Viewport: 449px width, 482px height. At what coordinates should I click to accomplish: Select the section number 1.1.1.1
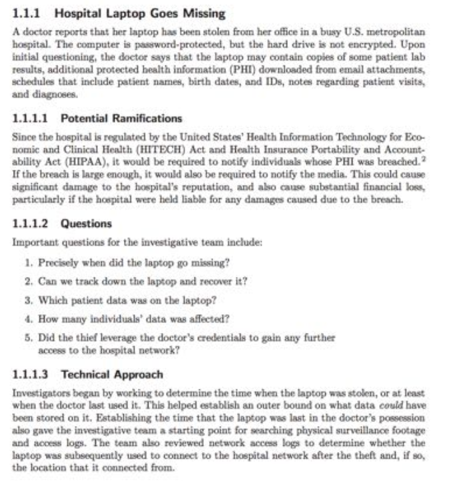[33, 118]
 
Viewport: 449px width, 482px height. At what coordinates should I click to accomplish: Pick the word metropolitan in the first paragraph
[398, 32]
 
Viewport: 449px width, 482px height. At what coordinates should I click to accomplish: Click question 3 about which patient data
[127, 300]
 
